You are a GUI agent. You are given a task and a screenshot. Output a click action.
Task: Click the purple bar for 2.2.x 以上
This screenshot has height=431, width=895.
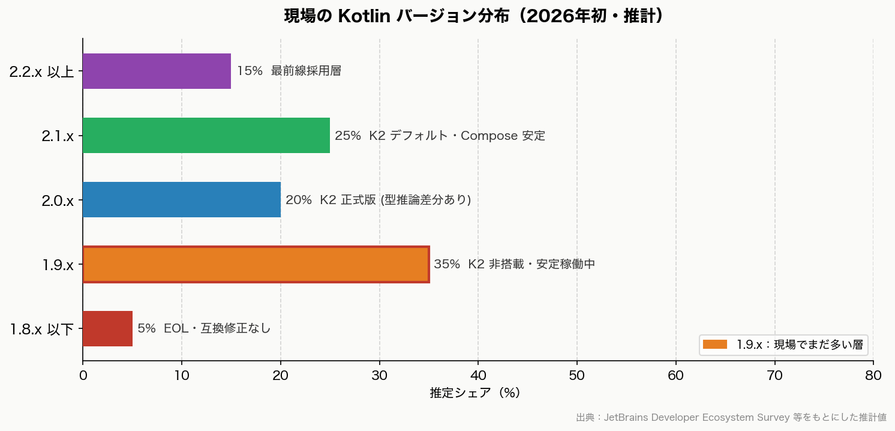coord(157,71)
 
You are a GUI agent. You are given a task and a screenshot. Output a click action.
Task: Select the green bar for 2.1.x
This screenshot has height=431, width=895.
coord(206,135)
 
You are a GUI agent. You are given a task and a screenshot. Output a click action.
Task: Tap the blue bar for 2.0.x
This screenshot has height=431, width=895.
coord(181,199)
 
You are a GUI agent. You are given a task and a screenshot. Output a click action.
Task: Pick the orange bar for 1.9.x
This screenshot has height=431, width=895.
coord(256,264)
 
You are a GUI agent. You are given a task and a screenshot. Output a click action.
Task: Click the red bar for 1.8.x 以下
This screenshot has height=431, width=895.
coord(107,328)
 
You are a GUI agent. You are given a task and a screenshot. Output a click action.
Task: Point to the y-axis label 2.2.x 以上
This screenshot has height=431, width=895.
coord(41,71)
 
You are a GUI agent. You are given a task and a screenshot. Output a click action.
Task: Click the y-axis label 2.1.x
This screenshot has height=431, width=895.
coord(58,136)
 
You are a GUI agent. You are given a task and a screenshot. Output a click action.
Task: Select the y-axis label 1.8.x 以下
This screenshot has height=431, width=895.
coord(41,329)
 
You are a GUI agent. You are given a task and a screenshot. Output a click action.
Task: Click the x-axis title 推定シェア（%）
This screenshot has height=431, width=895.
coord(474,393)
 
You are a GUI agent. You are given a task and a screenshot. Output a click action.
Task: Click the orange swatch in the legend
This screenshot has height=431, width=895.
coord(715,345)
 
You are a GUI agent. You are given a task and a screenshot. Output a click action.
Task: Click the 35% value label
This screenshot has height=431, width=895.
coord(446,264)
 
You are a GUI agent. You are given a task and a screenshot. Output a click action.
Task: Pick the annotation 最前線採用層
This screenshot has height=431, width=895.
coord(306,71)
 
